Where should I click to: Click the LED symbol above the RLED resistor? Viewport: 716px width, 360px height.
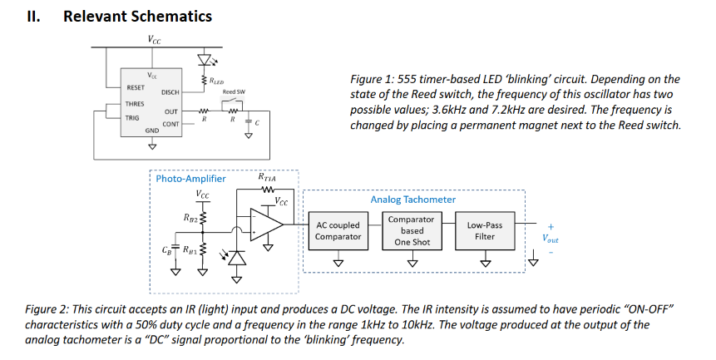203,61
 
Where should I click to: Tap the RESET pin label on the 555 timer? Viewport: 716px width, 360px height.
136,86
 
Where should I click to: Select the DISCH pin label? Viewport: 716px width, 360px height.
170,92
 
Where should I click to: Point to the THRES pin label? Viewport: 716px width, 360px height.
135,104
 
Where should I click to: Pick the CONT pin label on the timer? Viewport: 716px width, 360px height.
170,124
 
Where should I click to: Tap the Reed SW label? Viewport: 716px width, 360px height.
234,91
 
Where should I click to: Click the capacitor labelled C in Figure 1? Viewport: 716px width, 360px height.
249,121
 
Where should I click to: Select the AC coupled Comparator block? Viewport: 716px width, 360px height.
338,231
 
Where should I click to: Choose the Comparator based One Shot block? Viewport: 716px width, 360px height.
412,230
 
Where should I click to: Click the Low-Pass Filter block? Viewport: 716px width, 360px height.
485,230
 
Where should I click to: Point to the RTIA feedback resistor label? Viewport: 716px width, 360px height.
267,177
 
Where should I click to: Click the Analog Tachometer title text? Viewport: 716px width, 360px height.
412,200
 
